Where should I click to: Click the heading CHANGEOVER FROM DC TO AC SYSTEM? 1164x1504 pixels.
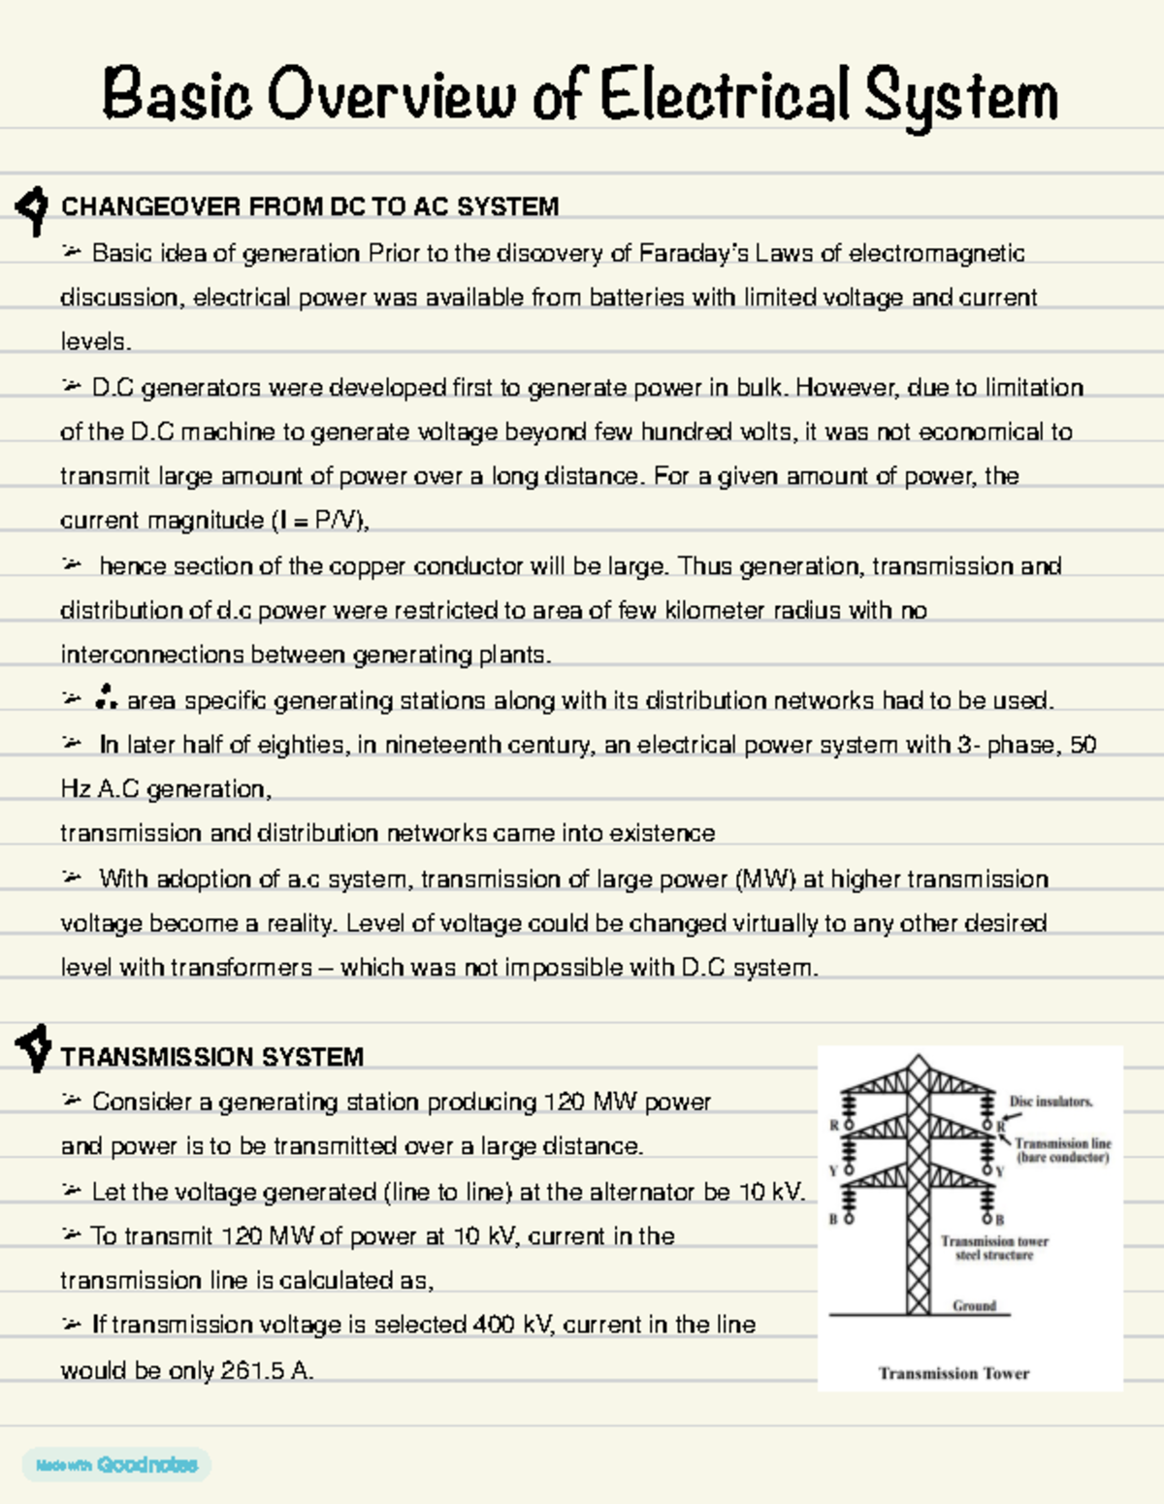309,207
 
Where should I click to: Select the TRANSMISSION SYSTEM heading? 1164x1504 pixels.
211,1057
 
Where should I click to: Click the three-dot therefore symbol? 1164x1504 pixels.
106,697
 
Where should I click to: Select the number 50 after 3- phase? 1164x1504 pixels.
1083,745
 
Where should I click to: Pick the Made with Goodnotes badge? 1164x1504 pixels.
116,1464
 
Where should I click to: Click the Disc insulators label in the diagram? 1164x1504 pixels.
1051,1102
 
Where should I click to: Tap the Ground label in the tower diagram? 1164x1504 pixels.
974,1305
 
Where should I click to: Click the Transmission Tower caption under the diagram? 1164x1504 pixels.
954,1373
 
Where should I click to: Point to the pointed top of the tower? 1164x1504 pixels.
918,1059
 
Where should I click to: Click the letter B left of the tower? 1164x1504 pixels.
832,1219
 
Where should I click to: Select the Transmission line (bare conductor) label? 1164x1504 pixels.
1062,1150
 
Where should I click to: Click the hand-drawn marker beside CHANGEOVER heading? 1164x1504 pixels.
33,208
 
